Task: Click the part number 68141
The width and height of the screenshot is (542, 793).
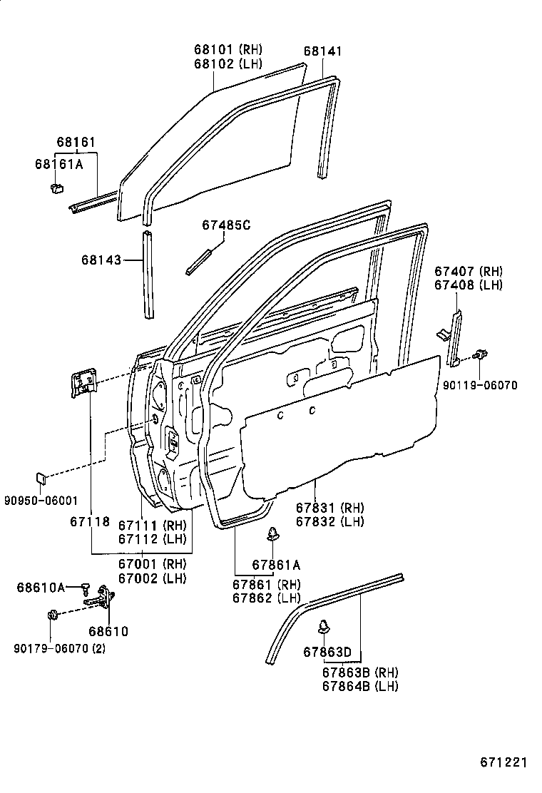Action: (322, 51)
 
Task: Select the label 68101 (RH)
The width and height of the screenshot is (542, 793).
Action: (227, 50)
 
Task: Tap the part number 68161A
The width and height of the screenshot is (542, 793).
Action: (58, 163)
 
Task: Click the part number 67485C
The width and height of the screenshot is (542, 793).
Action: (226, 225)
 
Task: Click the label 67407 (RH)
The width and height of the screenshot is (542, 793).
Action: (468, 272)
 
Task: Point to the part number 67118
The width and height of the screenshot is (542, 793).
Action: (90, 521)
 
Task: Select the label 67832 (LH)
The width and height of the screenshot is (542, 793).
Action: (329, 521)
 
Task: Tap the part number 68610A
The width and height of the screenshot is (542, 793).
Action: (41, 587)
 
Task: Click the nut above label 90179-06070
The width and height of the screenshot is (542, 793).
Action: (52, 615)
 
